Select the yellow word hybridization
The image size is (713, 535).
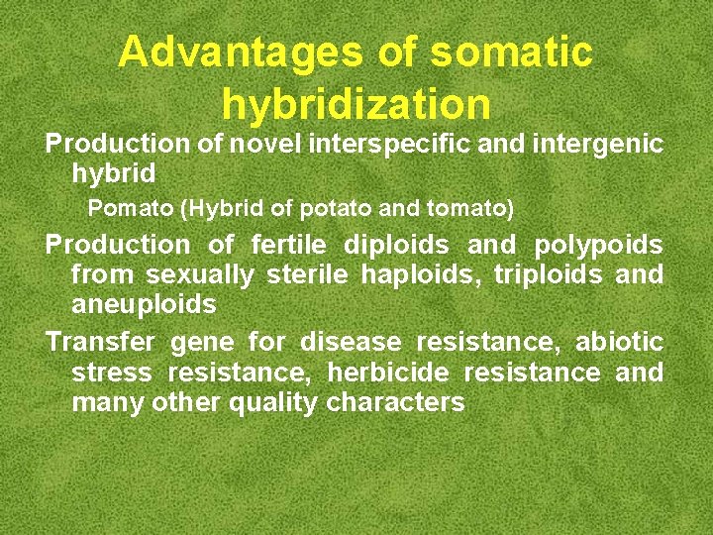(x=356, y=103)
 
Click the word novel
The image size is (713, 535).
(x=265, y=144)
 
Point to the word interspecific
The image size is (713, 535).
(x=390, y=144)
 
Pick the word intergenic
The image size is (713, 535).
(x=597, y=144)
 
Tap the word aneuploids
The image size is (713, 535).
(x=144, y=304)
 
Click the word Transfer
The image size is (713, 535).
(x=100, y=343)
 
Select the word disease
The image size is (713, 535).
(x=351, y=343)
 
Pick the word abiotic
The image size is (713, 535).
(x=619, y=343)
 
